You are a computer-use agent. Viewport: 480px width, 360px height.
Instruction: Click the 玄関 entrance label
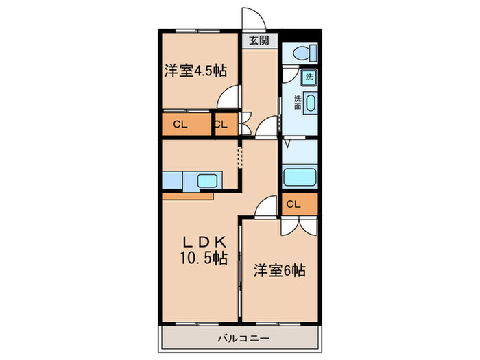259,40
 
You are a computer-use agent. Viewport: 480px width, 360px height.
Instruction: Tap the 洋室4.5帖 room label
195,71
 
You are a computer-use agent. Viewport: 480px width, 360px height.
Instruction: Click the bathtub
299,177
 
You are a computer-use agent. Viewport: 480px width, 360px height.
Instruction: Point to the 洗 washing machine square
309,77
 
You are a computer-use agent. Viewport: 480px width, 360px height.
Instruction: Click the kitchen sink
207,181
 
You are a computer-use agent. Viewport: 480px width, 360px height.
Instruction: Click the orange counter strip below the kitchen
187,196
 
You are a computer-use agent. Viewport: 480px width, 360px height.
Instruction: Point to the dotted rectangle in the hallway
240,157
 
